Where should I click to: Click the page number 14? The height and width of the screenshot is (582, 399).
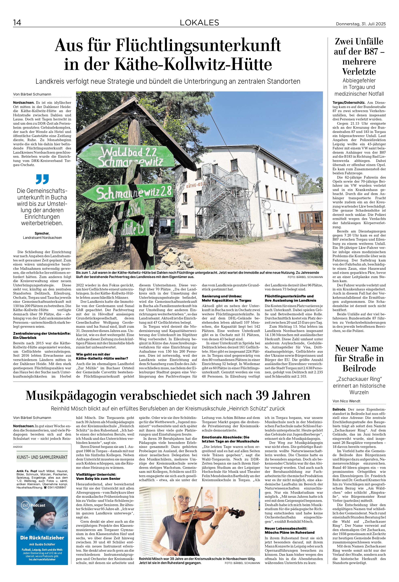pyautogui.click(x=17, y=23)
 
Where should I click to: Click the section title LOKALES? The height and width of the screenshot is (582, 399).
pyautogui.click(x=199, y=23)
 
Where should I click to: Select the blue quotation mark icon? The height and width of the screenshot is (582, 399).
pyautogui.click(x=42, y=179)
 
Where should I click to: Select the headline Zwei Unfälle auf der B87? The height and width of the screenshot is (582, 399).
pyautogui.click(x=359, y=57)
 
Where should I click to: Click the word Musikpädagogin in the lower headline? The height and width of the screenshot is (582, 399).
pyautogui.click(x=71, y=396)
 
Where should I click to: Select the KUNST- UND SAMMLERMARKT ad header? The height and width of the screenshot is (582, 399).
pyautogui.click(x=42, y=457)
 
